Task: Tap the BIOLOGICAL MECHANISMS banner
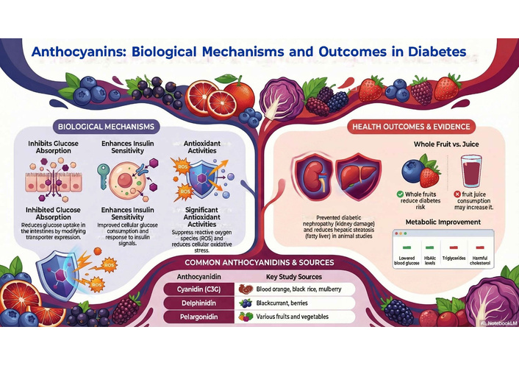[x=106, y=127]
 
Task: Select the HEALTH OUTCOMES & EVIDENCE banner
[x=411, y=127]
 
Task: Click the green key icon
[x=103, y=176]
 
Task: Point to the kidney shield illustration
[x=313, y=177]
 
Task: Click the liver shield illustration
[x=359, y=177]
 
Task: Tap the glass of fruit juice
[x=471, y=172]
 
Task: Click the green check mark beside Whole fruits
[x=400, y=194]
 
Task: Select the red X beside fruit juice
[x=457, y=194]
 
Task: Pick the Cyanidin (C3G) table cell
[x=198, y=289]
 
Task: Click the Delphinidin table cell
[x=198, y=303]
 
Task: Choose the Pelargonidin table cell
[x=198, y=317]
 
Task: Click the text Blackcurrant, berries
[x=282, y=303]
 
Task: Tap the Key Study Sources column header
[x=294, y=277]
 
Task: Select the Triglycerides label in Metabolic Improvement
[x=454, y=258]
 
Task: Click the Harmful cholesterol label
[x=480, y=261]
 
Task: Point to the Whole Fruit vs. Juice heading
[x=446, y=144]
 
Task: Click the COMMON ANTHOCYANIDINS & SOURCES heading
[x=259, y=263]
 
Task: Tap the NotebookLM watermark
[x=499, y=323]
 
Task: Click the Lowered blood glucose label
[x=407, y=261]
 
